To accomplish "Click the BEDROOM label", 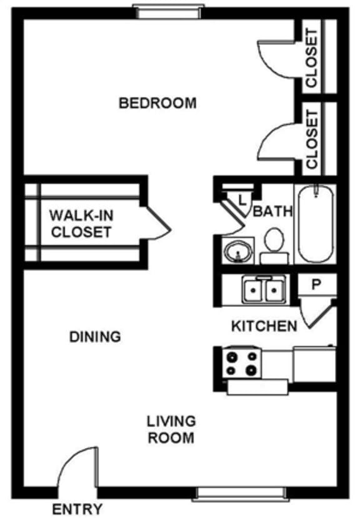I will pos(157,102).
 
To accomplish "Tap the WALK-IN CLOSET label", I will pos(81,224).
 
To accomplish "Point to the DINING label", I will pos(94,337).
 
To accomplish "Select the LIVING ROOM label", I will pos(171,429).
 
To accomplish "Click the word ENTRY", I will pos(77,509).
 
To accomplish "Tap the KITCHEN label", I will pos(264,326).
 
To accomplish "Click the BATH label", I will pos(273,211).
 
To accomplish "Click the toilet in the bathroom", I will pos(273,246).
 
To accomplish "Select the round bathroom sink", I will pos(238,252).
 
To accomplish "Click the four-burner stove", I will pos(242,363).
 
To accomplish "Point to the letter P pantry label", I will pos(316,284).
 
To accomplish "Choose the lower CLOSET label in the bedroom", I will pos(311,139).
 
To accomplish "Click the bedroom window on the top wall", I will pos(167,10).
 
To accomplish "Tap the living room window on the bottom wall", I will pos(241,494).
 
